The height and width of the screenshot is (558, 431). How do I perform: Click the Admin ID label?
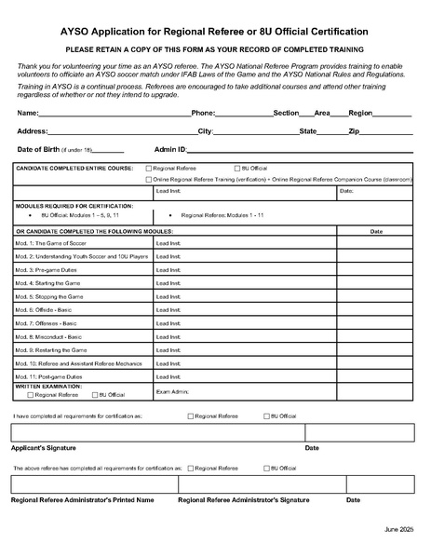tap(170, 149)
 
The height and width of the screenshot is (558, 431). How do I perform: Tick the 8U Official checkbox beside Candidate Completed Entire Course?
tap(236, 168)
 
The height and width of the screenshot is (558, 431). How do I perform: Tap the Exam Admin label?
tap(172, 391)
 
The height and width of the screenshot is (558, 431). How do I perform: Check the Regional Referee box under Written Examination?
tap(31, 395)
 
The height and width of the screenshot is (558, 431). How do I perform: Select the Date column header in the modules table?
tap(376, 230)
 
